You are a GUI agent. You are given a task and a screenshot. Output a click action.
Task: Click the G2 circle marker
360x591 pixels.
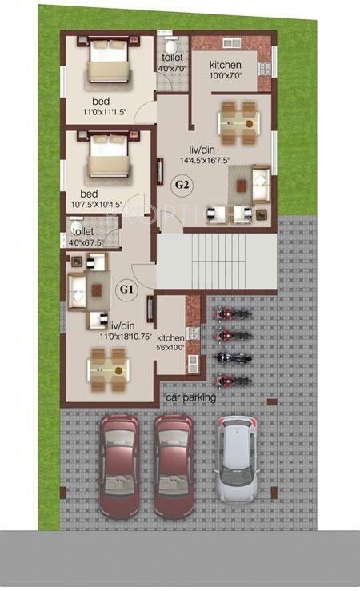[182, 185]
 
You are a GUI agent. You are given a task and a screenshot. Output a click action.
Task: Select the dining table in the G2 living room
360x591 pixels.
[238, 118]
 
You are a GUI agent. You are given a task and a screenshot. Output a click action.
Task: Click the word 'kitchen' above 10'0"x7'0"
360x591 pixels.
[225, 65]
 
